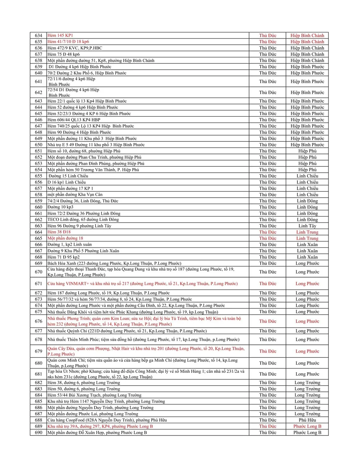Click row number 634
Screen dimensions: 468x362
(38, 35)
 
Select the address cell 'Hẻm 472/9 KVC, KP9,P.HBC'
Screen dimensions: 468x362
(75, 48)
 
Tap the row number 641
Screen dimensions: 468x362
(38, 81)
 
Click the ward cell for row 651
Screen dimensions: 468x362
(307, 151)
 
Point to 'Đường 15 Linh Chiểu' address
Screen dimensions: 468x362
(68, 176)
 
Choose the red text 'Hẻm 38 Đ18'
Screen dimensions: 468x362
(59, 232)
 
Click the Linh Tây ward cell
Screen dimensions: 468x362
(307, 226)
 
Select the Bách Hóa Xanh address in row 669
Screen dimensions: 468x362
(114, 263)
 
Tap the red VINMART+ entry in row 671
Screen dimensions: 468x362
(143, 284)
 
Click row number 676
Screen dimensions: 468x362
(38, 321)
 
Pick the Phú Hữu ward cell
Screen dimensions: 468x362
(307, 420)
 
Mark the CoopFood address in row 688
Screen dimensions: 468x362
(107, 420)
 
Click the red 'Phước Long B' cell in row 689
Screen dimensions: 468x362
(307, 426)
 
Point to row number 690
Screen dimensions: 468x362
(38, 433)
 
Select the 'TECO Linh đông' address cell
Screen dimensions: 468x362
(83, 220)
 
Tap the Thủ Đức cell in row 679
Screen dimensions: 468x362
(268, 351)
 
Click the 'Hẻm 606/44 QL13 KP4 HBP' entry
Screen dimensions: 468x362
(74, 120)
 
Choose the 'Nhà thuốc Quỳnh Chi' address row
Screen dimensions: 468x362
(127, 331)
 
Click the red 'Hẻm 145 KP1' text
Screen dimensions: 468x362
(60, 35)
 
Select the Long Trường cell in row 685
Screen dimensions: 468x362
(307, 401)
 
